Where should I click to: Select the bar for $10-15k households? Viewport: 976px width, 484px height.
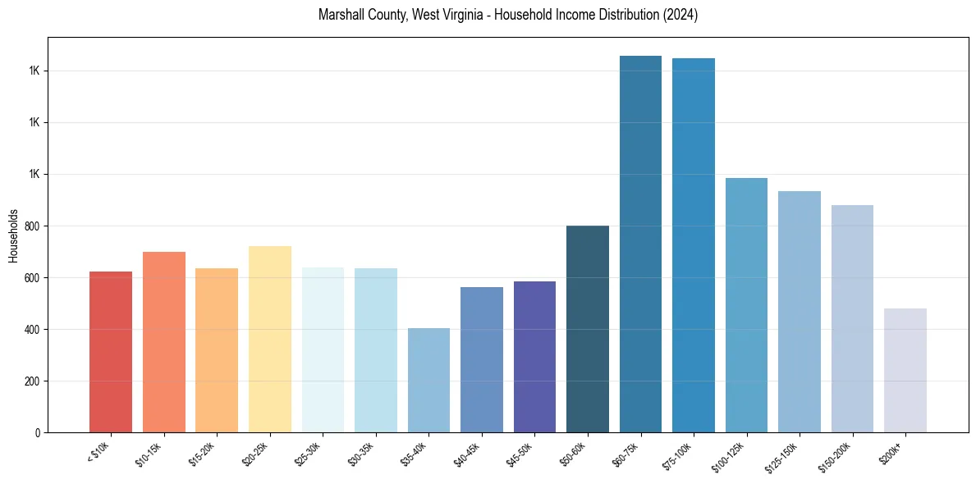(163, 343)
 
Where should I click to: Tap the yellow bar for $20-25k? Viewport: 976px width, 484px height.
(269, 340)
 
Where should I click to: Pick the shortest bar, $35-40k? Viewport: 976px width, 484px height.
(428, 381)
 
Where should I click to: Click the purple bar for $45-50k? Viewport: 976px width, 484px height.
(534, 357)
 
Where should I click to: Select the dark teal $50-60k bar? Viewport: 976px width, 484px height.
(588, 329)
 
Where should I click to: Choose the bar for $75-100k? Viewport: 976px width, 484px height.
(694, 246)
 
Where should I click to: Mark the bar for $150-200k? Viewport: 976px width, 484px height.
(852, 319)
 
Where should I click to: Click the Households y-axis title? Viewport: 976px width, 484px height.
(14, 235)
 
